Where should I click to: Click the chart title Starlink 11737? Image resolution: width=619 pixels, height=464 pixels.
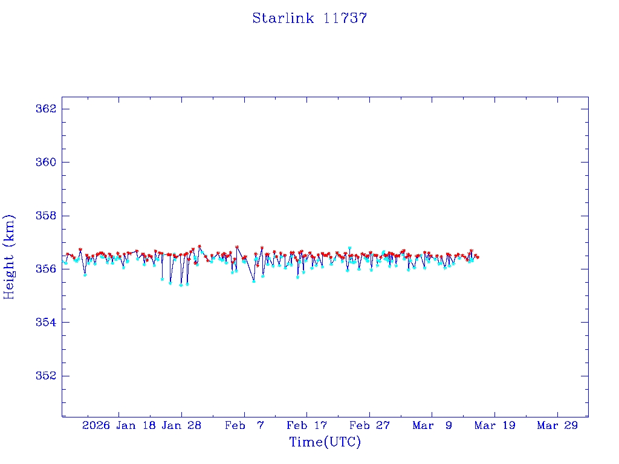point(309,18)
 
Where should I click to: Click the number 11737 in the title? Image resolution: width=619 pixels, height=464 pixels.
point(345,18)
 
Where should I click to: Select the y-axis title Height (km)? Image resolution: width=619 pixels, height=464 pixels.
point(10,257)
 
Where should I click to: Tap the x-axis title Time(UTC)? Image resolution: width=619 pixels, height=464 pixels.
point(325,442)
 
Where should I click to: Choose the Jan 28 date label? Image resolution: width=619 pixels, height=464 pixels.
point(181,425)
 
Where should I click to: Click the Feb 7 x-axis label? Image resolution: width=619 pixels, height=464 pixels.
point(244,425)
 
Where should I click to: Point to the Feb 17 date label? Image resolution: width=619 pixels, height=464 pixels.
point(306,425)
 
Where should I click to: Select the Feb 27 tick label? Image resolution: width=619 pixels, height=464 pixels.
point(369,425)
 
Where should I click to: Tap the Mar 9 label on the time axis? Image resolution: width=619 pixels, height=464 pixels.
point(432,425)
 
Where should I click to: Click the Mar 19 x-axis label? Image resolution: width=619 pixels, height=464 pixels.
point(494,425)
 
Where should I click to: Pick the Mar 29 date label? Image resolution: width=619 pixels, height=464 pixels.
point(557,425)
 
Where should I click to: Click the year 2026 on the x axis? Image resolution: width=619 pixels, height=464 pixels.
point(96,425)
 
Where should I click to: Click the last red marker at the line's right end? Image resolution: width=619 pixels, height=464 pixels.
point(478,257)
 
